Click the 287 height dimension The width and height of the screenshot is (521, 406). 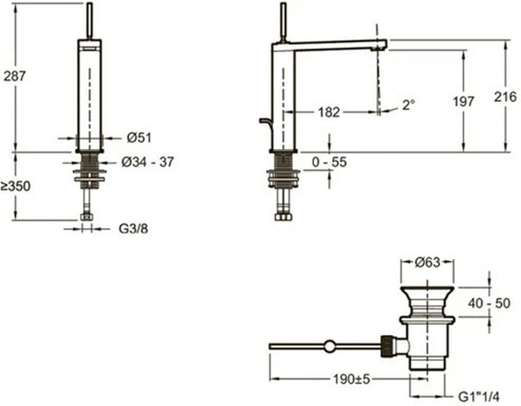point(15,76)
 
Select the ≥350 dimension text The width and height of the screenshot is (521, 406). point(16,186)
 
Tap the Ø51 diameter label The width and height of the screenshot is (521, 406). point(139,138)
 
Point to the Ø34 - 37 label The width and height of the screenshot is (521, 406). point(148,162)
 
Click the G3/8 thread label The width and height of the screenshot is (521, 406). point(133,229)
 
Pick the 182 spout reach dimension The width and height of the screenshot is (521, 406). point(329,112)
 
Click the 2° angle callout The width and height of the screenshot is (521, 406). point(409,105)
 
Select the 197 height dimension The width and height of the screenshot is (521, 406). point(463,102)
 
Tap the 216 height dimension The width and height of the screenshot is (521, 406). point(505,97)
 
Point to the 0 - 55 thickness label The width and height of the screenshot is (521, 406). point(329,162)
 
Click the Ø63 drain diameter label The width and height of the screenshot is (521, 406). point(428,262)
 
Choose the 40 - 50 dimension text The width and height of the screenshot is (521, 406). point(489,303)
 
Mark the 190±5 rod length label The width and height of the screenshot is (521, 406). point(352,379)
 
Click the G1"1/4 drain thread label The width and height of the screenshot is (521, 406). point(479,397)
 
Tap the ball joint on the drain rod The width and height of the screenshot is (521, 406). point(329,346)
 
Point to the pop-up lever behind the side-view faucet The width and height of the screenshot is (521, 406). point(266,123)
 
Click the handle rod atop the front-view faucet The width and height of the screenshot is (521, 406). point(89,21)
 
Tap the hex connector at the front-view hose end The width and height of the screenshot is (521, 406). point(86,217)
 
